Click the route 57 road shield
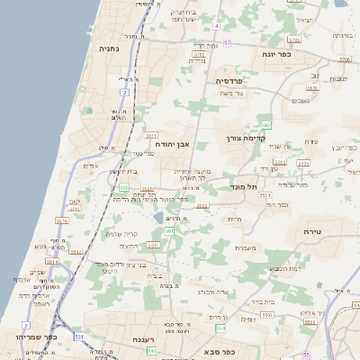(x=227, y=42)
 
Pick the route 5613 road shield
(x=62, y=220)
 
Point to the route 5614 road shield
(x=52, y=262)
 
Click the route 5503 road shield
(x=280, y=163)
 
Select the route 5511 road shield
(x=152, y=244)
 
